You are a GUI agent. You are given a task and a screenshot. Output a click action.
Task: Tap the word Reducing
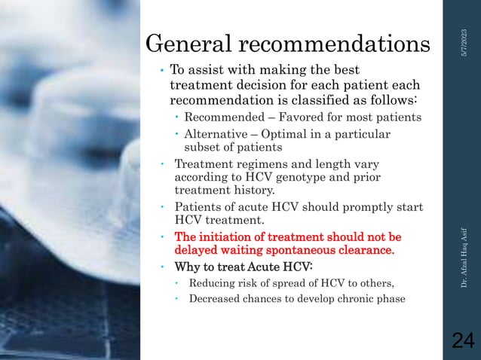213,282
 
